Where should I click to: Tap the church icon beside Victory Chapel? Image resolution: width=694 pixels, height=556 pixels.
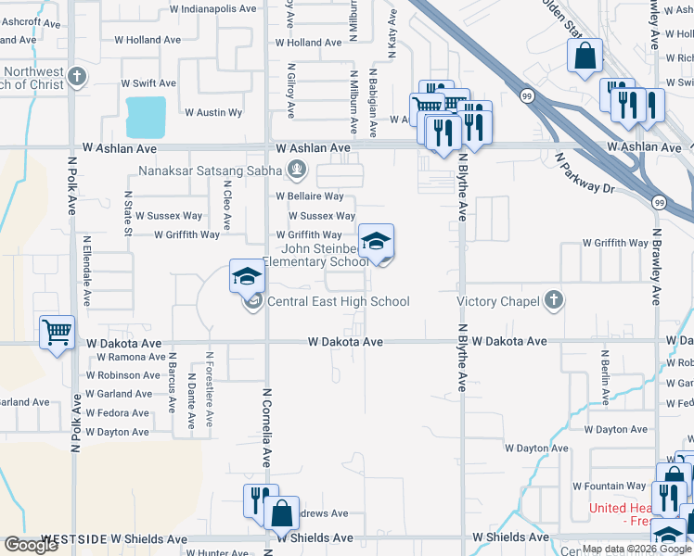(x=553, y=299)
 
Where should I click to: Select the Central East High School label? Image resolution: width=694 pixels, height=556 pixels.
(x=338, y=301)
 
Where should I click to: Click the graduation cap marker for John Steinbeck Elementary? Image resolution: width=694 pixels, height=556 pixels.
(x=376, y=243)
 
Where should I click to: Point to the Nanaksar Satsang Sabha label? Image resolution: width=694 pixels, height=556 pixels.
(x=212, y=171)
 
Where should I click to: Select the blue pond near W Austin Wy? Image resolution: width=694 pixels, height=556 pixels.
(x=147, y=117)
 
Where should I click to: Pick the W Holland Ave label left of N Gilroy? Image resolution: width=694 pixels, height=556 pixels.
(x=148, y=40)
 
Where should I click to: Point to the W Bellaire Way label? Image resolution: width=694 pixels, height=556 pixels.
(x=309, y=196)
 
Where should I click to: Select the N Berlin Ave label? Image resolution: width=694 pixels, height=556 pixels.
(x=604, y=378)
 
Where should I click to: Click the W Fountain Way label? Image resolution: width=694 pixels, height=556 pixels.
(x=609, y=486)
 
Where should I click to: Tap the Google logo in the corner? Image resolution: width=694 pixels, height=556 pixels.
(x=31, y=545)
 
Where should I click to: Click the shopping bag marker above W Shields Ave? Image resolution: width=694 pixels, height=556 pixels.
(x=280, y=512)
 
